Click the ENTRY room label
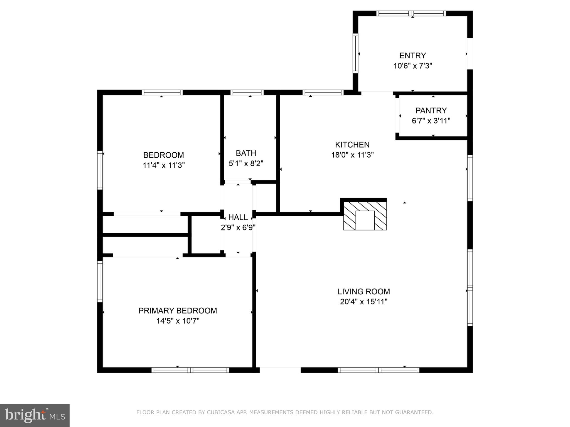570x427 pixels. (x=412, y=56)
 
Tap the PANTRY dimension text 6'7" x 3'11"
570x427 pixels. (x=431, y=121)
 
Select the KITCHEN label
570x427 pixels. (x=352, y=145)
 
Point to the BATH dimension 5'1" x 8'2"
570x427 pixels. (x=246, y=163)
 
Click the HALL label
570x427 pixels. (x=238, y=217)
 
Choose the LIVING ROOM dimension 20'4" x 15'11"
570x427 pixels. (x=363, y=302)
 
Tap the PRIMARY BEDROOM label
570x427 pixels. (x=178, y=311)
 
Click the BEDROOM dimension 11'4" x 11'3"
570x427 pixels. (x=164, y=165)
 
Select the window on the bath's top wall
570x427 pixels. (x=247, y=93)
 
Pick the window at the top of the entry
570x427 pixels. (x=411, y=13)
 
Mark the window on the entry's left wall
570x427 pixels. (x=355, y=53)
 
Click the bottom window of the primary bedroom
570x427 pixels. (x=190, y=370)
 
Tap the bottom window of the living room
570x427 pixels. (x=378, y=370)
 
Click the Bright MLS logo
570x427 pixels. (x=35, y=415)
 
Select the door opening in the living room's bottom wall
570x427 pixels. (x=280, y=370)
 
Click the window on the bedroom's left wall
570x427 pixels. (x=100, y=170)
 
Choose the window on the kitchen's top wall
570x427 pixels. (x=323, y=93)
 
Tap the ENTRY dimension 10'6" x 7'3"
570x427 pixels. (x=412, y=66)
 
